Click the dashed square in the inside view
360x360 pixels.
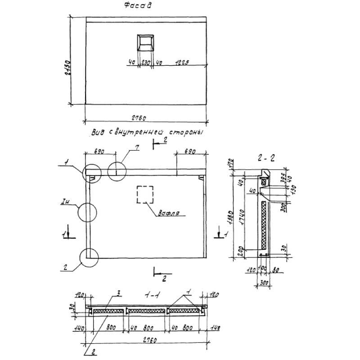(x=145, y=194)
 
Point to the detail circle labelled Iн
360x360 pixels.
(x=87, y=211)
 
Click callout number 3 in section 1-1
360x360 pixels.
(x=118, y=294)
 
